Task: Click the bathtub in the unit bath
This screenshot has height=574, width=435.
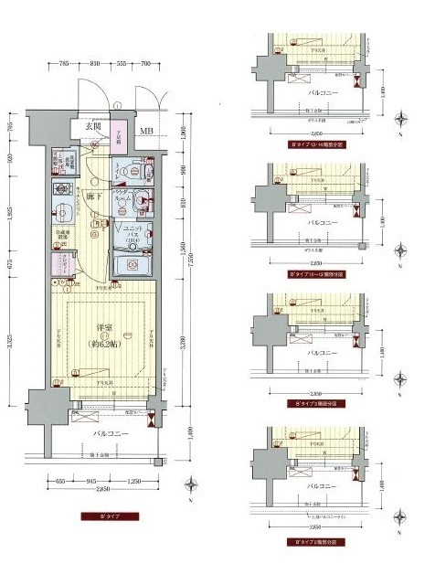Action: point(130,264)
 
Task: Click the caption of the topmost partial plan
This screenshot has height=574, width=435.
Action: point(308,144)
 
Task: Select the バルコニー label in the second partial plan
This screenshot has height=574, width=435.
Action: point(322,222)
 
